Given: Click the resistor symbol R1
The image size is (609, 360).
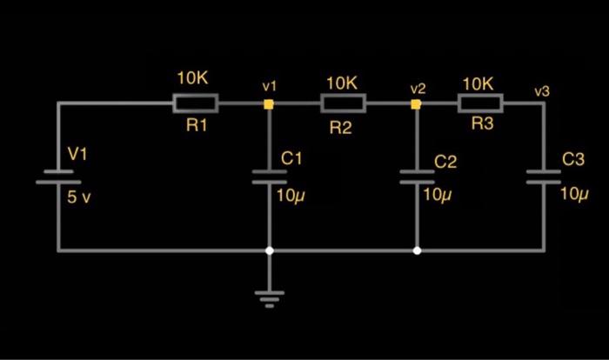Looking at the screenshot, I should [x=197, y=103].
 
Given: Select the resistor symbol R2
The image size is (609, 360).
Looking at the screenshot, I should [x=344, y=104].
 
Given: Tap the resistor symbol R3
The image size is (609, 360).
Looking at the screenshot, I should [x=479, y=104].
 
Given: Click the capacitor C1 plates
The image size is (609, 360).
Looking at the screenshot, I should [x=270, y=177].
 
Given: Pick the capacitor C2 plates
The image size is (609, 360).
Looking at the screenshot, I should [x=418, y=177].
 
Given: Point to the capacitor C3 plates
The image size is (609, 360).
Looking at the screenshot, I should [x=544, y=177].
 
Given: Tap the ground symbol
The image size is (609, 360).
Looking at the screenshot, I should [x=270, y=298].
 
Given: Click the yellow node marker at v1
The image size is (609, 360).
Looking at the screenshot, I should [x=270, y=104].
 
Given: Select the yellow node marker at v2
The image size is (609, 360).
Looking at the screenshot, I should [x=417, y=104].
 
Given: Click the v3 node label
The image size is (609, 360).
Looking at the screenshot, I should [x=542, y=90].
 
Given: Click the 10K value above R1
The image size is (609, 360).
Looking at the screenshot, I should [x=192, y=78].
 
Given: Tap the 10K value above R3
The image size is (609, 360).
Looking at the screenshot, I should [x=478, y=83].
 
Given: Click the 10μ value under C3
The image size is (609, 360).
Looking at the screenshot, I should [x=575, y=193].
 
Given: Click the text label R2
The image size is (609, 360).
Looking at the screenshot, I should [x=340, y=129].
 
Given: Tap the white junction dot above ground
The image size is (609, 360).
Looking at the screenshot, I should [x=270, y=250].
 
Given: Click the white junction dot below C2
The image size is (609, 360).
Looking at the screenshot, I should [x=417, y=250].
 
